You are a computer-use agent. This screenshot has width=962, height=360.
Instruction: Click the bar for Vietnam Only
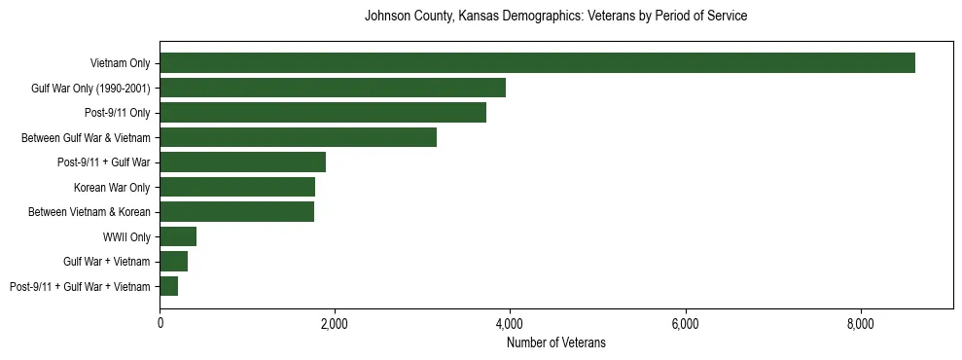[537, 63]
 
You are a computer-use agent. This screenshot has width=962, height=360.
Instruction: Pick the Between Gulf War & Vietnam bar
[298, 138]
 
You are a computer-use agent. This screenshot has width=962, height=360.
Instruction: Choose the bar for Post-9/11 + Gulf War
[242, 162]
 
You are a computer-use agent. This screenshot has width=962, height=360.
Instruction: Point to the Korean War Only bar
[237, 187]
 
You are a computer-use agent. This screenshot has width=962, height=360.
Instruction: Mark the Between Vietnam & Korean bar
[236, 212]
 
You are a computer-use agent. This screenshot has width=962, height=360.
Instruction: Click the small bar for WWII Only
[178, 236]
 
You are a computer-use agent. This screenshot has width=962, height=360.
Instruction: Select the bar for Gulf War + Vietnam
[173, 262]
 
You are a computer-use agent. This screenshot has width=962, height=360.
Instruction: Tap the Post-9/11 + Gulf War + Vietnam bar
[168, 286]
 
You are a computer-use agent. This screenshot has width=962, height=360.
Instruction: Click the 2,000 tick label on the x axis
[335, 322]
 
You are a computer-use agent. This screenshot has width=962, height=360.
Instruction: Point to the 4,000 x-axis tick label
[510, 322]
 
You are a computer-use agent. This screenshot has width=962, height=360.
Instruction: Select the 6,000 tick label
[685, 322]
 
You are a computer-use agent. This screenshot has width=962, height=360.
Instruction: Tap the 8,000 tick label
[860, 322]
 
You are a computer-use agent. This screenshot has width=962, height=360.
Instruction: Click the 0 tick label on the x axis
[160, 322]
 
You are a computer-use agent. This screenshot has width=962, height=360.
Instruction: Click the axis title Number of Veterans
[555, 342]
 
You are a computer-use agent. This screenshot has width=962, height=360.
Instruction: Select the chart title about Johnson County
[555, 17]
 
